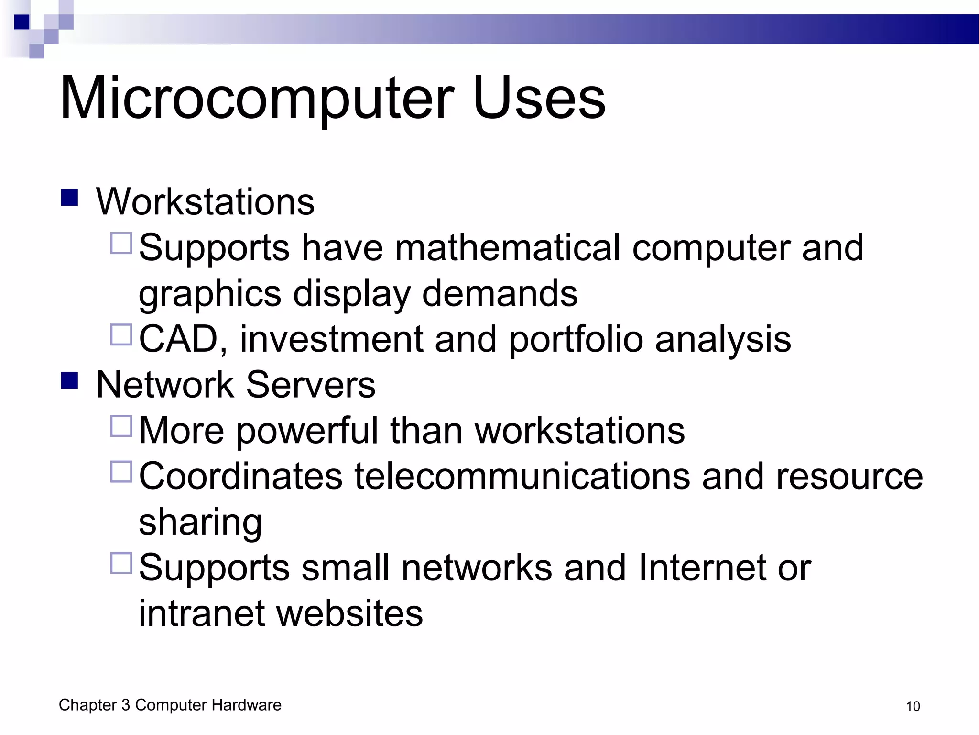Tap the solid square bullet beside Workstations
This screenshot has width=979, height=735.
click(x=70, y=198)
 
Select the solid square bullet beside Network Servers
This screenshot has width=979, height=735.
click(x=70, y=381)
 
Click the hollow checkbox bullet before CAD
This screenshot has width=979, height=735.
click(x=121, y=335)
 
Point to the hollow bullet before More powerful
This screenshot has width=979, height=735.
click(x=121, y=426)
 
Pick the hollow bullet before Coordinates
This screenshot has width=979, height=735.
click(x=121, y=472)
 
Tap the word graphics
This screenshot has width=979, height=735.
click(x=210, y=294)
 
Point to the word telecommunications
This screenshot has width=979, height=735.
click(x=522, y=477)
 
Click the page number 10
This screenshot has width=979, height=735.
click(x=913, y=706)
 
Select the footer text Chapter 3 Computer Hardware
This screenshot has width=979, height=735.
click(x=170, y=705)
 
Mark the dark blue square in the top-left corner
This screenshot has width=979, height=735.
click(x=22, y=22)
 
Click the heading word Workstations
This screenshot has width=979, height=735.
click(x=205, y=202)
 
